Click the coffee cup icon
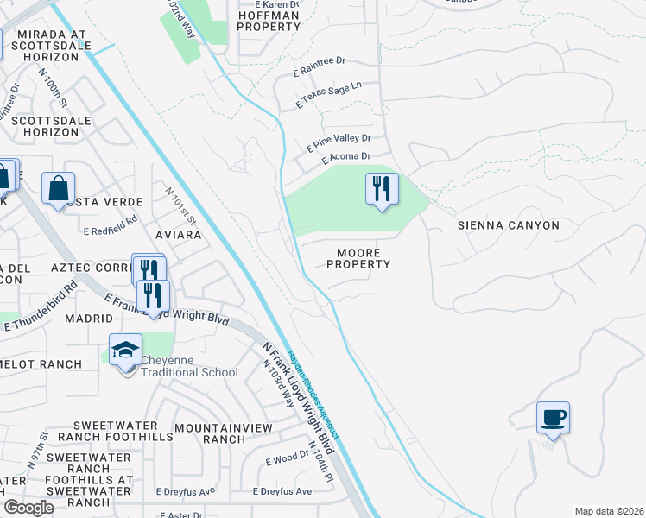click(553, 418)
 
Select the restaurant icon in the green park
click(382, 189)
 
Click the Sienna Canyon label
click(508, 225)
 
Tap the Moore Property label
click(358, 258)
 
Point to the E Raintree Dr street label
click(319, 62)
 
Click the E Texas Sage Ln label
click(328, 95)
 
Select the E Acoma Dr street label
click(345, 158)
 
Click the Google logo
click(28, 508)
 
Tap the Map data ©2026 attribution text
click(608, 511)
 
